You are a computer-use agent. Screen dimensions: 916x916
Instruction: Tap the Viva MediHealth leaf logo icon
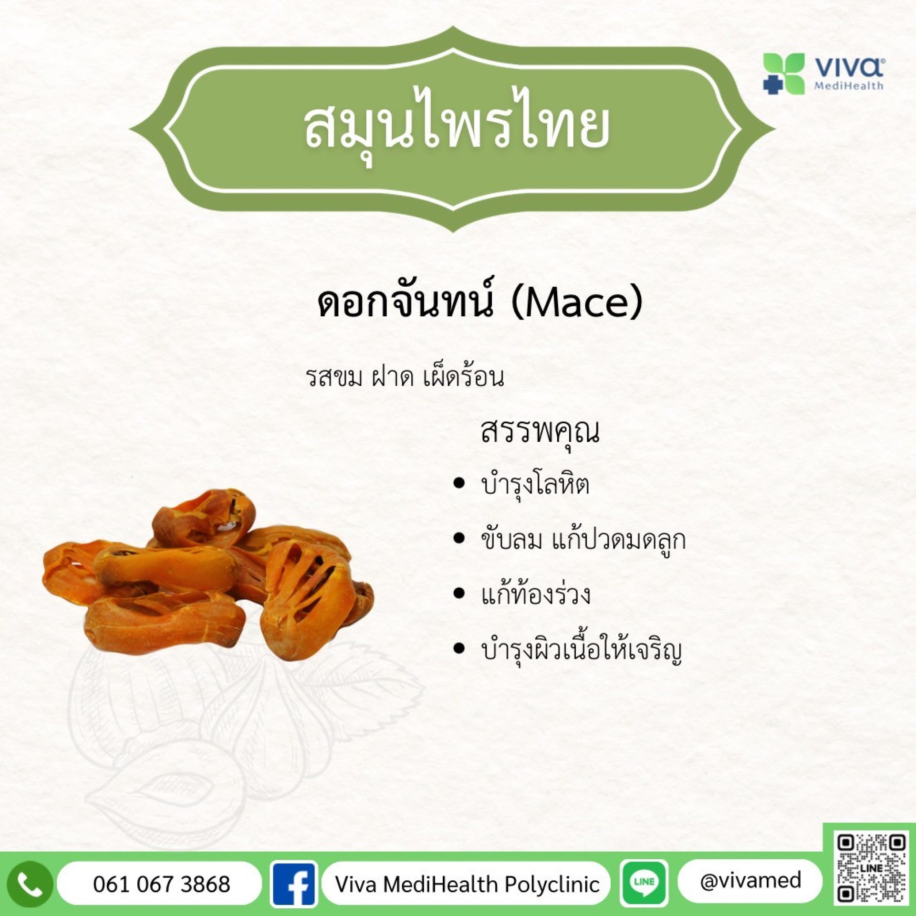(783, 73)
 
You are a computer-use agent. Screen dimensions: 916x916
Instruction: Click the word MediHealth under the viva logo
(848, 86)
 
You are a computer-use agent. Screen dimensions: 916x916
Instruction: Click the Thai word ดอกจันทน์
(405, 301)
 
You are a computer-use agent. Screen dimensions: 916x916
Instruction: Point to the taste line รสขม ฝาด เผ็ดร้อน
(405, 377)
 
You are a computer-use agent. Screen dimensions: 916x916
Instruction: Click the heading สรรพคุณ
(540, 432)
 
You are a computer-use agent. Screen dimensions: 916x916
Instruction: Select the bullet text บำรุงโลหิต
(535, 485)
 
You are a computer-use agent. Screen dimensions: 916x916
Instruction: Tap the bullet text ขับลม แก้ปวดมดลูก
(583, 540)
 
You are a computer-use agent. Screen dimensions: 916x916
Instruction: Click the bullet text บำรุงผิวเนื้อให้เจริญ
(582, 649)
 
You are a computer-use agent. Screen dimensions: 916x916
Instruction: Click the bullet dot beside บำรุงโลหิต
(459, 483)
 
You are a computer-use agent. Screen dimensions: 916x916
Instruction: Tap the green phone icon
(30, 885)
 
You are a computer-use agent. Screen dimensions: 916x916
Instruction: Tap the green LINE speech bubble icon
(644, 884)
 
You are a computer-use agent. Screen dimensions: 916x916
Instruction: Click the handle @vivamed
(750, 881)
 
